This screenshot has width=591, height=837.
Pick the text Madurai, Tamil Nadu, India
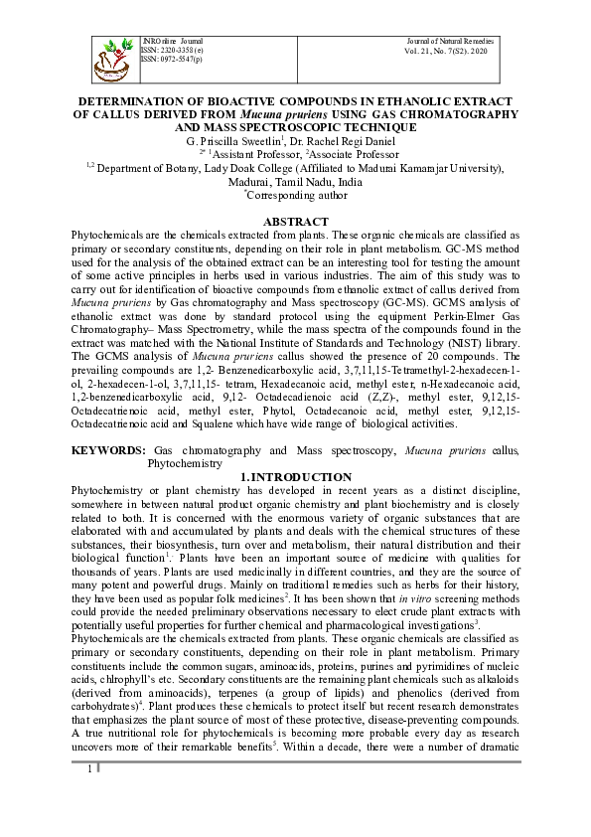click(x=295, y=183)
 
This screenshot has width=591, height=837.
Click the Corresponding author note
click(x=295, y=197)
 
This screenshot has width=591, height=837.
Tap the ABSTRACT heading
click(x=295, y=221)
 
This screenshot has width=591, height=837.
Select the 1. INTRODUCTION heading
click(x=295, y=477)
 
